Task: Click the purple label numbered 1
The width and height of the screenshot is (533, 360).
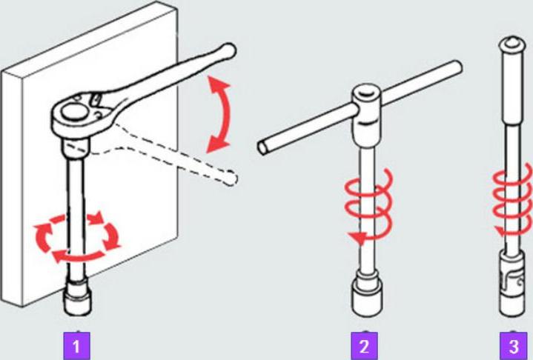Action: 77,346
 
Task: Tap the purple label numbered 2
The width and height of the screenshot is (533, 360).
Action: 364,346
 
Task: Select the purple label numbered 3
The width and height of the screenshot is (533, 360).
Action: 513,346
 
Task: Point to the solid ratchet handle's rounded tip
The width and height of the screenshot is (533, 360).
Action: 228,51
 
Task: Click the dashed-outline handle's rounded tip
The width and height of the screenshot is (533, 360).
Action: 231,178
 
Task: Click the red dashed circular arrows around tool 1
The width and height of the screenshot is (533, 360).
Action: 78,238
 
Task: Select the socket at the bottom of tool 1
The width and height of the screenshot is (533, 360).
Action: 78,296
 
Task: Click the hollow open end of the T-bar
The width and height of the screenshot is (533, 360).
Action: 263,148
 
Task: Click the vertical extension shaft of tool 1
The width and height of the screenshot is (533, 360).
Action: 76,217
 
